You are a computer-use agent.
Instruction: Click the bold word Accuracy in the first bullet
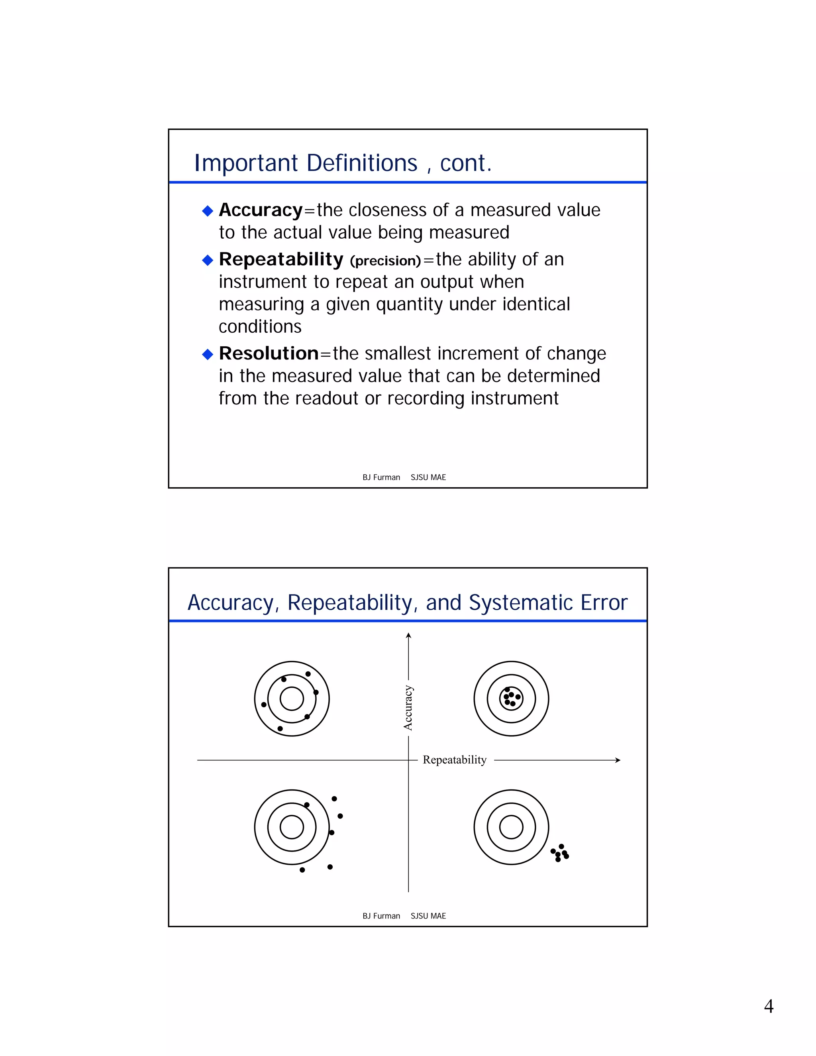coord(261,210)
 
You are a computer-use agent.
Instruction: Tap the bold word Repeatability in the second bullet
coord(281,260)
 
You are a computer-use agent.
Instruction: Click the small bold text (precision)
coord(385,261)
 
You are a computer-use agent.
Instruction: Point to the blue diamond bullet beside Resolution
coord(207,354)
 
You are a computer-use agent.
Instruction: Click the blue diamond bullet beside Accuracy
coord(207,211)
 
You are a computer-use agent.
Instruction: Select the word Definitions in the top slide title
coord(362,163)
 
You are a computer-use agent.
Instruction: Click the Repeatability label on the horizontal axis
coord(454,760)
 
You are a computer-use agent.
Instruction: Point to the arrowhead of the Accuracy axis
coord(408,635)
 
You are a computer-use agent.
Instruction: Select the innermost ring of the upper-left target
coord(292,699)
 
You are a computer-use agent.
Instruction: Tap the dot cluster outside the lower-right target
coord(560,853)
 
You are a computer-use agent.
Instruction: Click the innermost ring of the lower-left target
coord(292,827)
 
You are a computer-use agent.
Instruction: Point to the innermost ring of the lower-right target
coord(511,827)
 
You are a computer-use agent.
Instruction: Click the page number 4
coord(768,1006)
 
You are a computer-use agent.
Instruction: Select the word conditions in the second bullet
coord(260,327)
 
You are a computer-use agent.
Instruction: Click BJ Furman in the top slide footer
coord(381,477)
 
